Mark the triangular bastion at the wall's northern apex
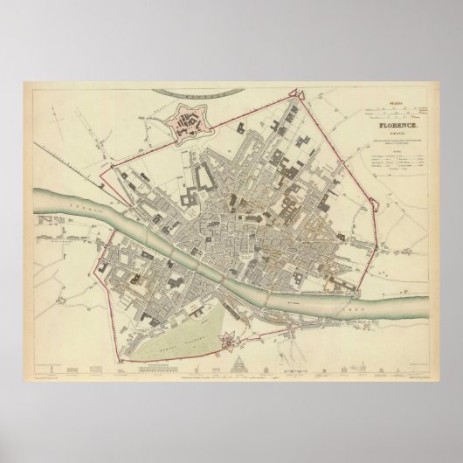[x=300, y=90]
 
